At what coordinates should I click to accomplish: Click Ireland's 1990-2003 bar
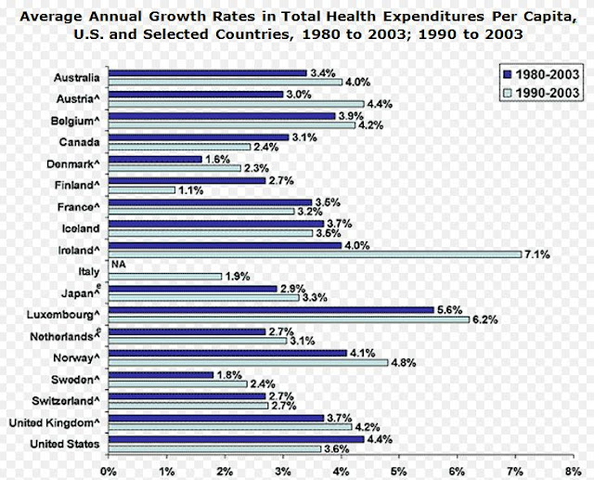pos(315,253)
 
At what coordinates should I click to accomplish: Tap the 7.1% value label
pos(538,253)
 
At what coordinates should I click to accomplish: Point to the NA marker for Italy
pos(117,266)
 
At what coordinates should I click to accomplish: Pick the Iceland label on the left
pos(81,227)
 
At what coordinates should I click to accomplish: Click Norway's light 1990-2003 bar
pos(248,362)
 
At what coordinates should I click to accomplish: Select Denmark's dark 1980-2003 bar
pos(155,160)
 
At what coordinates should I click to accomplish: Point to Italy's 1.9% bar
pos(164,276)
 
